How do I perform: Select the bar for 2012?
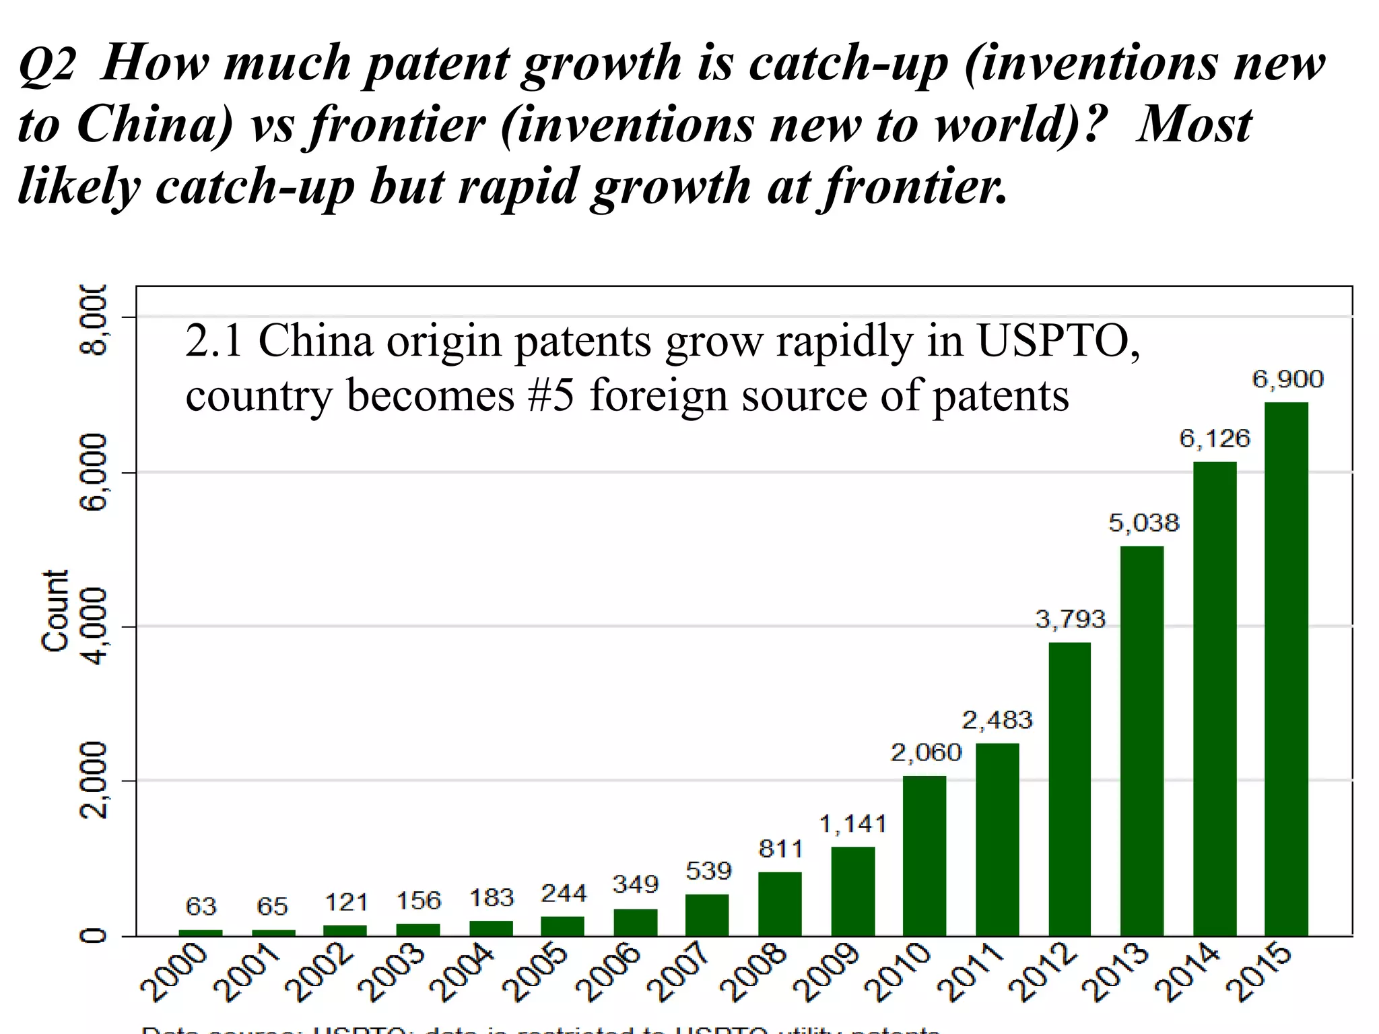[x=1069, y=788]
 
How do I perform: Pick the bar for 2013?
[x=1142, y=740]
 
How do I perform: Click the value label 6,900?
[x=1287, y=379]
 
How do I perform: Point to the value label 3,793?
[x=1071, y=619]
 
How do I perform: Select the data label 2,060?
[x=926, y=752]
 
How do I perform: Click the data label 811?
[x=780, y=849]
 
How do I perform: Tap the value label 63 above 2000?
[x=201, y=907]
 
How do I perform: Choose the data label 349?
[x=635, y=884]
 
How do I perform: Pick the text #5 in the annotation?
[x=550, y=395]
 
